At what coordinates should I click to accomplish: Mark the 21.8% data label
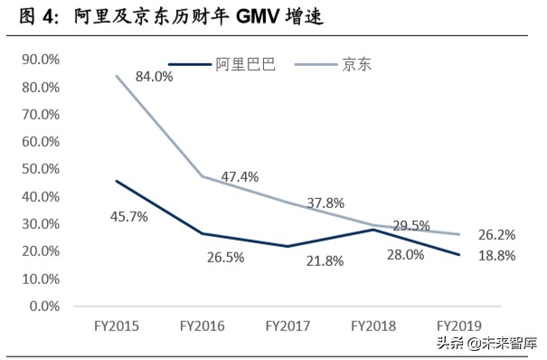[x=322, y=261]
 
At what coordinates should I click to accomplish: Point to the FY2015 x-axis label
[x=116, y=325]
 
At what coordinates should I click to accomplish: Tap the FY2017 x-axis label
[x=287, y=325]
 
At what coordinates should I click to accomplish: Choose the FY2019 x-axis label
[x=457, y=325]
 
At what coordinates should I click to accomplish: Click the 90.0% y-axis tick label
[x=39, y=60]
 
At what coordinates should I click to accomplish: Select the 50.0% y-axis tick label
[x=39, y=169]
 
